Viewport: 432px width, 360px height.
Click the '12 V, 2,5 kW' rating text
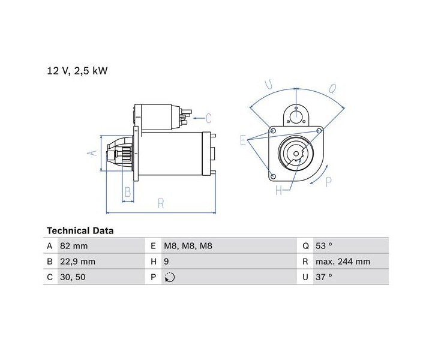tap(77, 71)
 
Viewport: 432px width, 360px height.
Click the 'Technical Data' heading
tap(80, 230)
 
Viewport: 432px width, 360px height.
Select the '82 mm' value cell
tap(74, 245)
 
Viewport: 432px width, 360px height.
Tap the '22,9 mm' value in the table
tap(77, 262)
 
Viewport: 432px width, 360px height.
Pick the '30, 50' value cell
tap(73, 277)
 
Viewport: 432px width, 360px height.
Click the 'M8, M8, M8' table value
tap(188, 245)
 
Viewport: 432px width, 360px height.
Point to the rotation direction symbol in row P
tap(170, 277)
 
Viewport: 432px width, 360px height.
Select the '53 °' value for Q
tap(324, 245)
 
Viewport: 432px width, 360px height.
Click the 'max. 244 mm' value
tap(343, 262)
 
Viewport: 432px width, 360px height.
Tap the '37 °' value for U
tap(324, 277)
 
